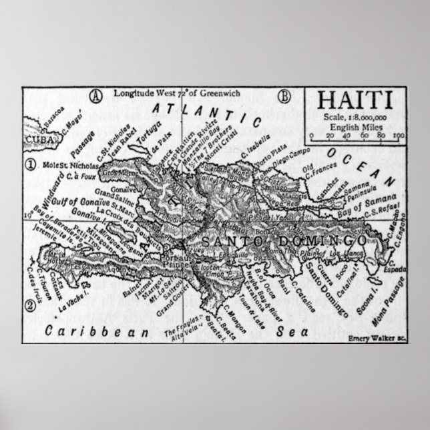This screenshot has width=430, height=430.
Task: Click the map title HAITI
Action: (x=355, y=101)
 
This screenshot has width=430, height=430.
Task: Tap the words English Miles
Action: (x=355, y=128)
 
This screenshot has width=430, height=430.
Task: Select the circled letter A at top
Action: (x=97, y=95)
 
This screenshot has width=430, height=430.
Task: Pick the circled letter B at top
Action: (x=285, y=95)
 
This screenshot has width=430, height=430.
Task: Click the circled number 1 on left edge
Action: (x=30, y=164)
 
